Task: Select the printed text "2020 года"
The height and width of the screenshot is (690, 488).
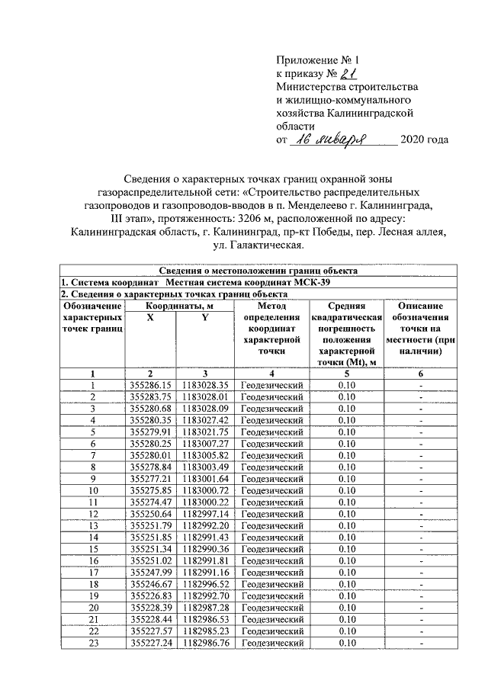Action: (x=424, y=140)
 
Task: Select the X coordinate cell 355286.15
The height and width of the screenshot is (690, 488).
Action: (x=151, y=386)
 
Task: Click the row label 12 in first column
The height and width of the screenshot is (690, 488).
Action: (x=93, y=515)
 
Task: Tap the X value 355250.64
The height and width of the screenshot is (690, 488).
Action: (x=151, y=515)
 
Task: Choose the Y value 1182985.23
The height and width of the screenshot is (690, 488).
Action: (x=205, y=632)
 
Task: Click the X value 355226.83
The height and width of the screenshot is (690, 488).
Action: (x=151, y=595)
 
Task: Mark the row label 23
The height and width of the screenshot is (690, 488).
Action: (x=93, y=643)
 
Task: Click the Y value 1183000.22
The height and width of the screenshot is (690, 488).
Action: (x=205, y=503)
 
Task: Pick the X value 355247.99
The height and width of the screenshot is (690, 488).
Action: (x=151, y=573)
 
